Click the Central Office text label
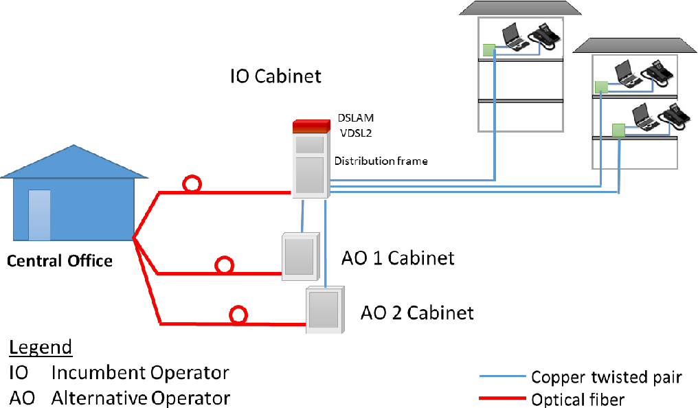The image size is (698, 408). click(x=60, y=261)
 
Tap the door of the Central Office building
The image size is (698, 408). click(x=39, y=215)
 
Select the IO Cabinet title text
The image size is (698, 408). click(x=275, y=76)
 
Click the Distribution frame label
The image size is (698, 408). click(x=381, y=161)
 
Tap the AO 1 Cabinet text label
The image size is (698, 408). click(x=398, y=258)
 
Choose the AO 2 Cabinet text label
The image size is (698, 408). click(x=417, y=313)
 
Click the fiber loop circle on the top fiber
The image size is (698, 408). click(x=192, y=184)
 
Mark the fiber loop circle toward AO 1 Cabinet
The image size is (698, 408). click(x=223, y=266)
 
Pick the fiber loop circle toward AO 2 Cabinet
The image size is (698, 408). click(x=238, y=315)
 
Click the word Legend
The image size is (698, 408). click(x=41, y=348)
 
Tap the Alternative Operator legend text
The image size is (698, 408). click(x=140, y=398)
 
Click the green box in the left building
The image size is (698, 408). click(x=488, y=49)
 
